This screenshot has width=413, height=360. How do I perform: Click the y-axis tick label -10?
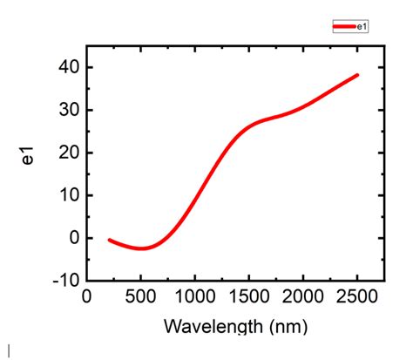click(x=65, y=281)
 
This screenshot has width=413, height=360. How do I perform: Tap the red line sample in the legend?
click(x=344, y=27)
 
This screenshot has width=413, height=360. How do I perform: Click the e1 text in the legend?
click(x=362, y=27)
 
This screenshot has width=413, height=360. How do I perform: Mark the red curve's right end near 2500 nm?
click(x=357, y=75)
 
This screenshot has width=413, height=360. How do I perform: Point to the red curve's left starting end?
click(x=108, y=240)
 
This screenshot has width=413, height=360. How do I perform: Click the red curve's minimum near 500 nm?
click(x=141, y=248)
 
